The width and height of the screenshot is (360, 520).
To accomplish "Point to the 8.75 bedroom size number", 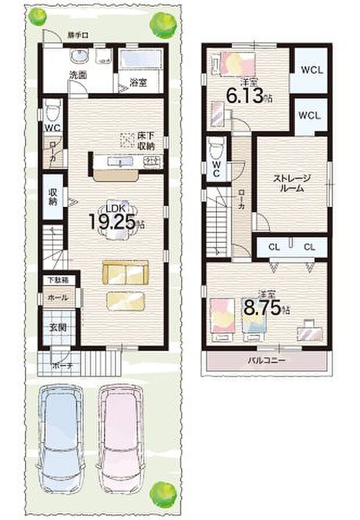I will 261,308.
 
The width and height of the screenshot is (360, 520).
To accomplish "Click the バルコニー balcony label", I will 265,360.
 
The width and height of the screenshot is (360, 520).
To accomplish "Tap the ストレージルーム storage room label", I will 291,184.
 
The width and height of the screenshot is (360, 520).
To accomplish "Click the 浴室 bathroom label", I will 138,82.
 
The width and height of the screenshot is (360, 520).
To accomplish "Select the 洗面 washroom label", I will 78,75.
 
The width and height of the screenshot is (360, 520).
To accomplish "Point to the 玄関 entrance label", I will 57,327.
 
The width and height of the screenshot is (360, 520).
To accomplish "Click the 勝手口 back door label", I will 77,35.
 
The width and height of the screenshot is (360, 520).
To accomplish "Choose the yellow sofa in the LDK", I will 125,271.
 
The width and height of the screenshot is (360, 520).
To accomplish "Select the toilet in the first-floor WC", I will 53,110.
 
